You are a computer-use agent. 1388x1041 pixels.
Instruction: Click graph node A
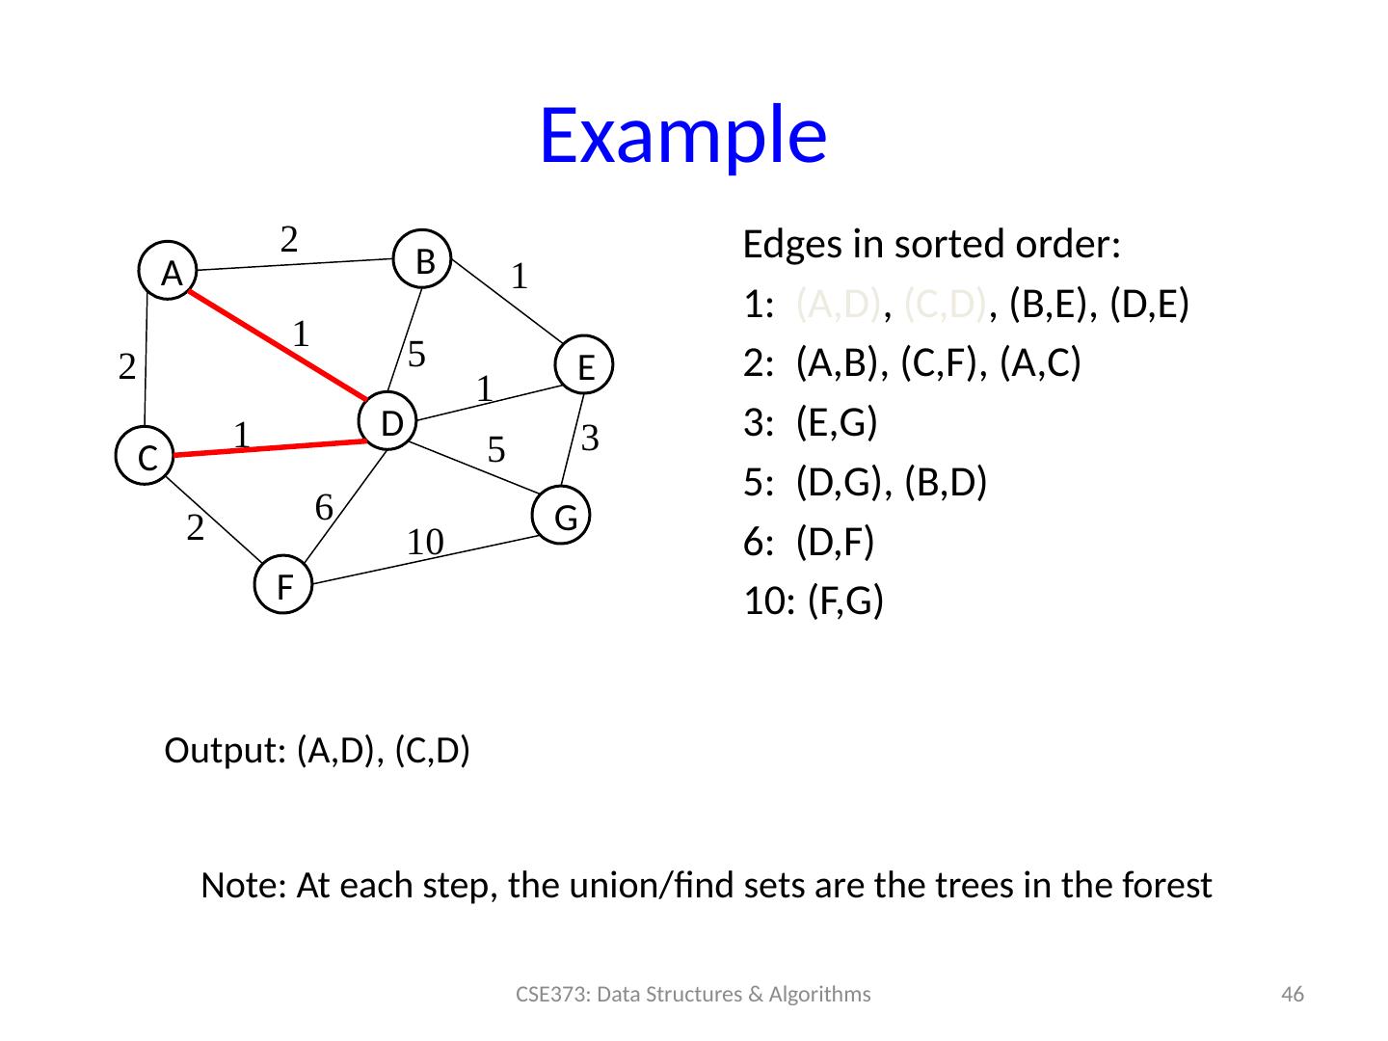pos(172,274)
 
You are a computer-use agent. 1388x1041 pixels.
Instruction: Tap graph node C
pos(147,457)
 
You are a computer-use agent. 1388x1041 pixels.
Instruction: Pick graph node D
pos(389,422)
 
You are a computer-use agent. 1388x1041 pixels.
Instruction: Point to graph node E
pos(584,366)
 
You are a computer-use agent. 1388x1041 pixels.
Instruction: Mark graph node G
pos(565,518)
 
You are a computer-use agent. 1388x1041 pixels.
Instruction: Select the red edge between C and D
pos(270,449)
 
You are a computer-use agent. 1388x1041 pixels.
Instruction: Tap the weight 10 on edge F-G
pos(424,542)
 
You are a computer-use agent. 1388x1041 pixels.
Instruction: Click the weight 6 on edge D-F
pos(325,506)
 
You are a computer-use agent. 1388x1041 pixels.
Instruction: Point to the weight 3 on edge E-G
pos(592,439)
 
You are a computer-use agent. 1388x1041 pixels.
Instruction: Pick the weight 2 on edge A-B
pos(288,237)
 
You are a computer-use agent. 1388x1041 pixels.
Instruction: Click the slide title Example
pos(682,135)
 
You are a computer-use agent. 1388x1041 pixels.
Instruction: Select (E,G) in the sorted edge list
pos(837,424)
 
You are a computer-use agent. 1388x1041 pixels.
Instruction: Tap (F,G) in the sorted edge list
pos(845,602)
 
